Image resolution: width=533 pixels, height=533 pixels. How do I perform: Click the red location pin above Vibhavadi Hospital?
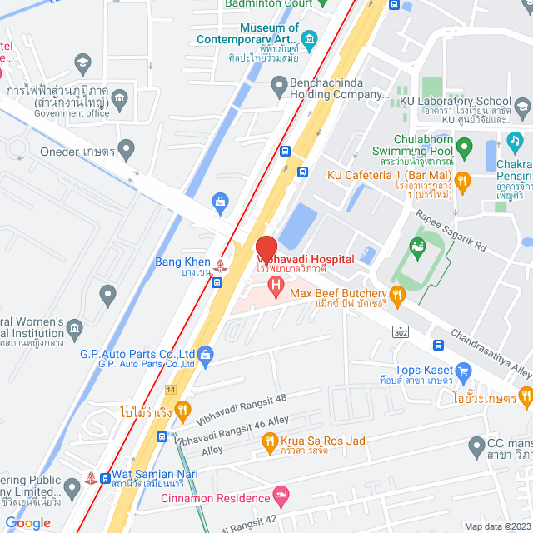coord(266,249)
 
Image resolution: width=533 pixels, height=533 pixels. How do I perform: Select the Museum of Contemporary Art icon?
coord(309,38)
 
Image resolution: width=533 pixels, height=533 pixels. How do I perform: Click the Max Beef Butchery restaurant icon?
coord(398,293)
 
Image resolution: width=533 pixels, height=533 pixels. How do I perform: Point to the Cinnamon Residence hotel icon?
coord(282,497)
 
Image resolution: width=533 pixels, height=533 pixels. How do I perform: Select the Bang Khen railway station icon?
coord(220,266)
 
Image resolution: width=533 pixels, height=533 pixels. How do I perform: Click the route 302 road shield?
coord(401,331)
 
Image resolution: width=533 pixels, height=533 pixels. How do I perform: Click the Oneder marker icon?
coord(127,152)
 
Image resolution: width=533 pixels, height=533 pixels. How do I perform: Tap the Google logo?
coord(28,522)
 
